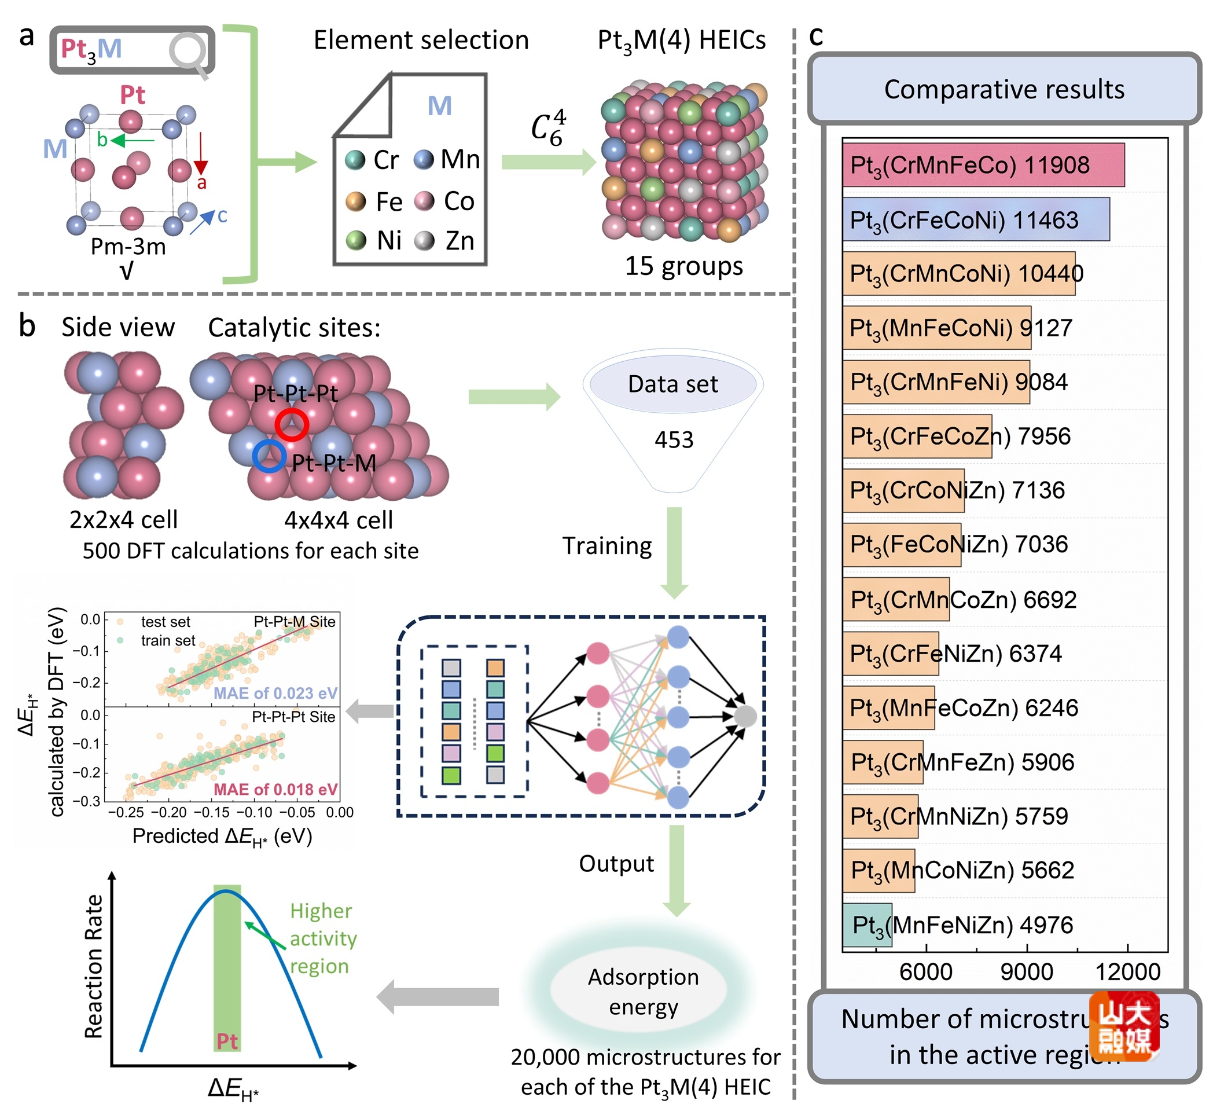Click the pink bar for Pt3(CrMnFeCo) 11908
pyautogui.click(x=983, y=165)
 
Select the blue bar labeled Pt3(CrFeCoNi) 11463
pyautogui.click(x=975, y=219)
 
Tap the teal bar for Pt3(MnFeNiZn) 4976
pyautogui.click(x=867, y=925)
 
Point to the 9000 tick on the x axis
pyautogui.click(x=1026, y=971)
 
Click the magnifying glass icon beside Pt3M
pyautogui.click(x=189, y=54)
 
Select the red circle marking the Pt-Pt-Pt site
pyautogui.click(x=292, y=424)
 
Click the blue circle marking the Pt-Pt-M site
pyautogui.click(x=269, y=456)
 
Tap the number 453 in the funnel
pyautogui.click(x=674, y=440)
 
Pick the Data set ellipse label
pyautogui.click(x=672, y=384)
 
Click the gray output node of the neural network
pyautogui.click(x=745, y=716)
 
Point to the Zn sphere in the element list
pyautogui.click(x=425, y=241)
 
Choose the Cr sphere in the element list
pyautogui.click(x=355, y=160)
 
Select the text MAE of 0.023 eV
pyautogui.click(x=275, y=693)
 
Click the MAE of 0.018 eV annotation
pyautogui.click(x=275, y=789)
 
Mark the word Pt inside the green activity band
pyautogui.click(x=227, y=1041)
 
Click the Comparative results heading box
pyautogui.click(x=1004, y=89)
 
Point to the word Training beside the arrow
pyautogui.click(x=607, y=546)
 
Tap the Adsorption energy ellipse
pyautogui.click(x=643, y=992)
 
